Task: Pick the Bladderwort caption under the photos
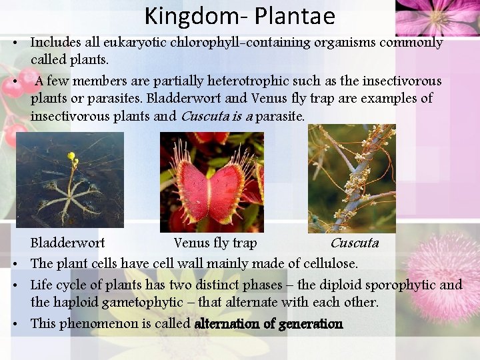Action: (67, 243)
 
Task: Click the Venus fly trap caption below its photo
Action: (215, 243)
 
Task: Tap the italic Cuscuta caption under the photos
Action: (354, 243)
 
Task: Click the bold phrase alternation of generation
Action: (268, 324)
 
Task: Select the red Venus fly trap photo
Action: (212, 182)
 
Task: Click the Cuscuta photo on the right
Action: (351, 178)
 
